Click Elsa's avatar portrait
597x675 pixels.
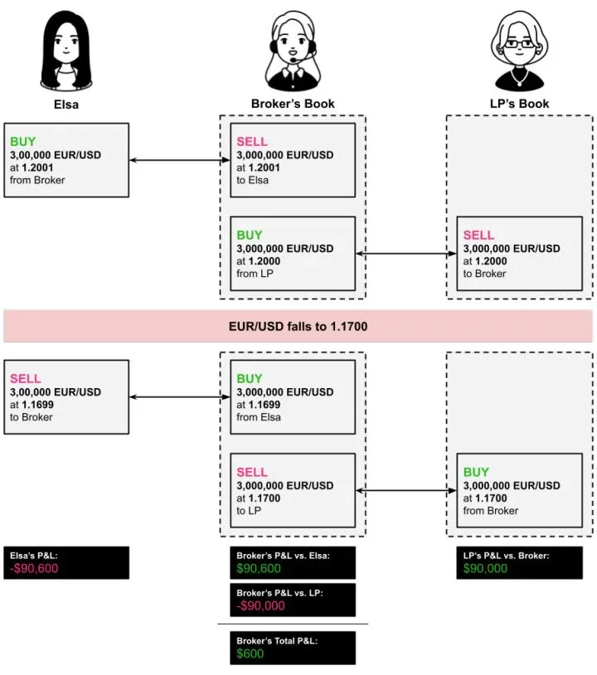pyautogui.click(x=66, y=51)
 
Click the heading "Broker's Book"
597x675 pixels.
pyautogui.click(x=293, y=104)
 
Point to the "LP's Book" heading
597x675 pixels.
pyautogui.click(x=519, y=104)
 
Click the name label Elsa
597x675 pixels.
pyautogui.click(x=66, y=104)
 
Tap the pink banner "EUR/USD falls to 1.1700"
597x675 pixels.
pyautogui.click(x=298, y=327)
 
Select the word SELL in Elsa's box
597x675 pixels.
pyautogui.click(x=25, y=379)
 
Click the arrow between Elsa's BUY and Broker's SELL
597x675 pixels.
pyautogui.click(x=179, y=160)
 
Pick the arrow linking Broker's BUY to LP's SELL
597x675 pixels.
pyautogui.click(x=406, y=254)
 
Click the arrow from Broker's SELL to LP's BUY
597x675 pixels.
pyautogui.click(x=406, y=491)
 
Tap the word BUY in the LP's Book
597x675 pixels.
pyautogui.click(x=476, y=473)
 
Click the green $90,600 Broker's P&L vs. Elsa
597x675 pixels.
pyautogui.click(x=259, y=569)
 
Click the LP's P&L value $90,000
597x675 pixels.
pyautogui.click(x=485, y=569)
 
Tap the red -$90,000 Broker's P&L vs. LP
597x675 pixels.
pyautogui.click(x=260, y=605)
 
